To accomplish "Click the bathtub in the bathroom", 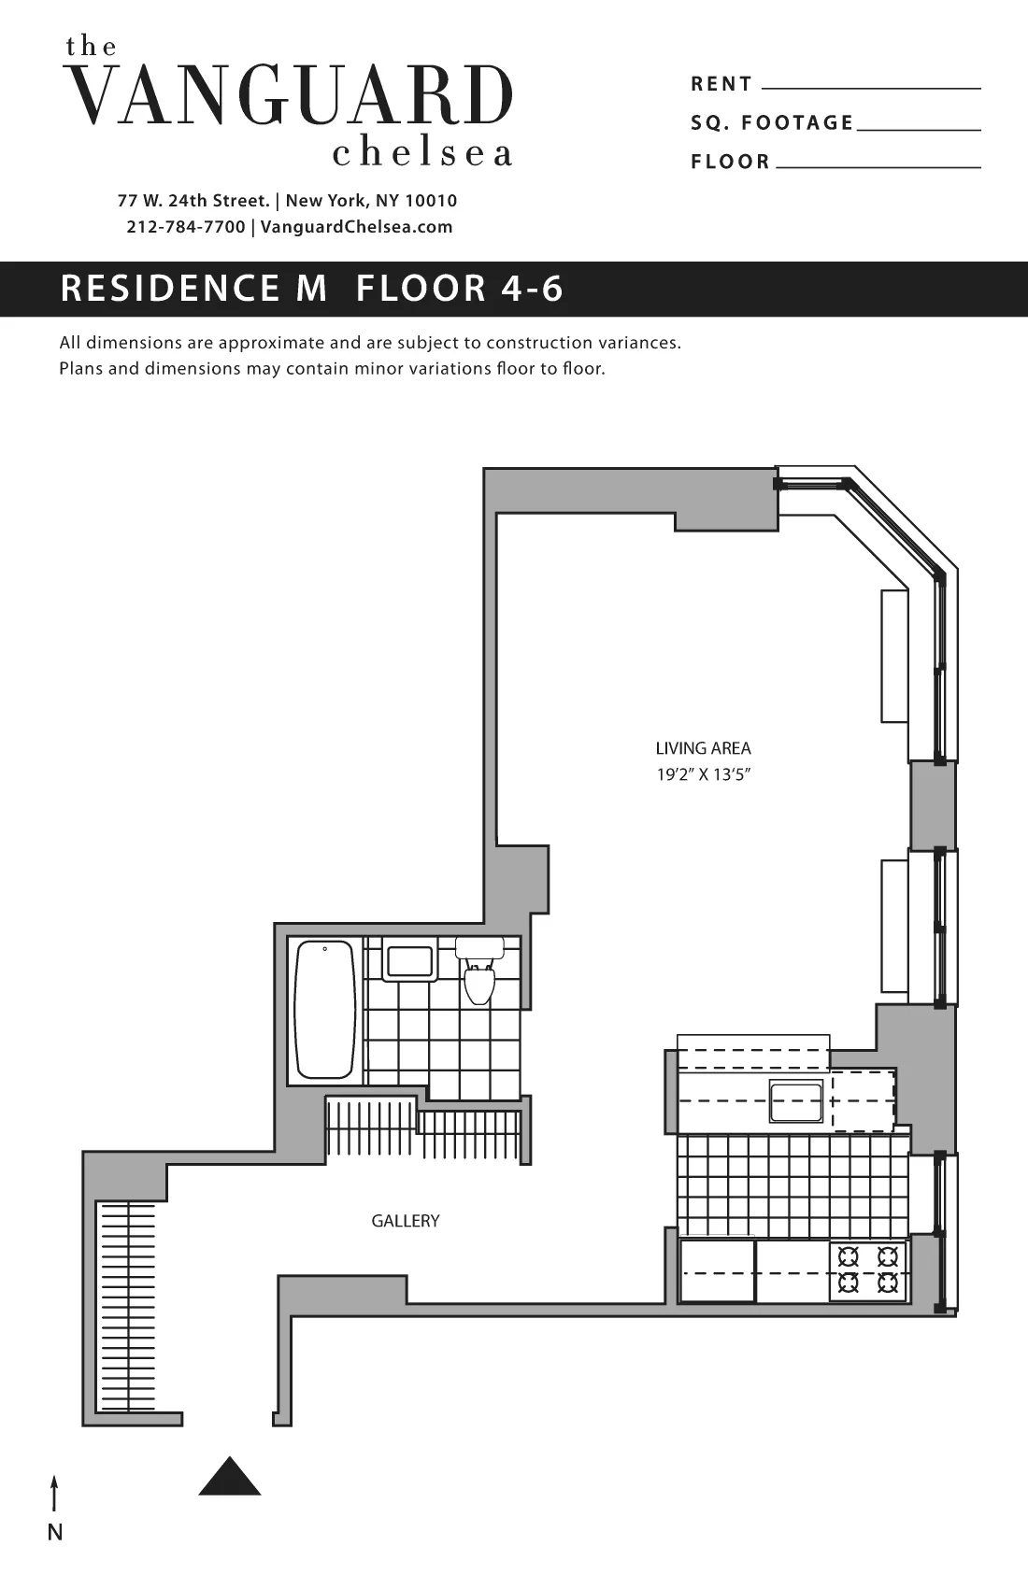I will point(325,1010).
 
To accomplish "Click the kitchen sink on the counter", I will point(795,1101).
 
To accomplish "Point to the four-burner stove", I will point(867,1269).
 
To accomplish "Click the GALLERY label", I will point(405,1221).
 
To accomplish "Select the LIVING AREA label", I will point(703,748).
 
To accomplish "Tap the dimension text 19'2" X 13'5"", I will point(703,774).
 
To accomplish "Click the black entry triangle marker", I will point(230,1478).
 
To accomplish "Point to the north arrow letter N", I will point(55,1533).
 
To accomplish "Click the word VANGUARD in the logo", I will point(291,96).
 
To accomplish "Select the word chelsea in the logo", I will point(422,153).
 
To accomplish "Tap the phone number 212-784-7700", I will point(185,227).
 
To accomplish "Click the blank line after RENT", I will point(871,87).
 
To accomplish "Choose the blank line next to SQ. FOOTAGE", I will point(918,128).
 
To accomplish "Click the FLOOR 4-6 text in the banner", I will point(460,289).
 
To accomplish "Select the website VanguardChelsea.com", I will point(356,227).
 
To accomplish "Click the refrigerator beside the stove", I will point(717,1270).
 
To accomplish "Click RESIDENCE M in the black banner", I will point(193,289).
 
